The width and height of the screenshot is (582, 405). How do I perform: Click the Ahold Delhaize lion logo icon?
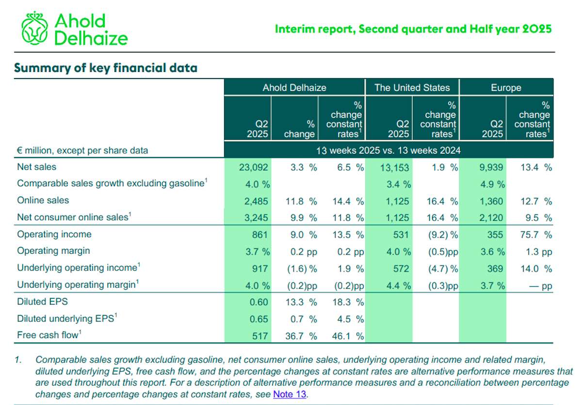(x=34, y=28)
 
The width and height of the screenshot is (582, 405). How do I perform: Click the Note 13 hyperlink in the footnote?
(x=290, y=394)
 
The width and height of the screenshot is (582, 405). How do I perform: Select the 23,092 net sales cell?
(x=253, y=167)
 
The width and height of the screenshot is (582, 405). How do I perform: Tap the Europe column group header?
(x=506, y=87)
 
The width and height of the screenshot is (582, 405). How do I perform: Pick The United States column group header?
(x=412, y=87)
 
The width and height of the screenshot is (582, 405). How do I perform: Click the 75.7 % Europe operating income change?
(x=536, y=235)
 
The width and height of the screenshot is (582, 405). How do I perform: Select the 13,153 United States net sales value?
(x=394, y=167)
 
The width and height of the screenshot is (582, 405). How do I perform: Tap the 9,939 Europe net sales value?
(x=491, y=167)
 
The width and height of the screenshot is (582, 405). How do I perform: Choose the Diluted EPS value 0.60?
(x=259, y=302)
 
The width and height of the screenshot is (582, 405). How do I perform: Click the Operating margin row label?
(x=53, y=251)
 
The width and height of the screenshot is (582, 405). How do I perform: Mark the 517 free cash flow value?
(x=260, y=336)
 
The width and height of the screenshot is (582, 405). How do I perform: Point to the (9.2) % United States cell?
(x=443, y=235)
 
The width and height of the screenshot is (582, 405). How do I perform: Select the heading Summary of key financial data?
(x=106, y=68)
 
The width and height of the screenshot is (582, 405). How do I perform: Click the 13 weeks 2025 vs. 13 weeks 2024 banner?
(x=388, y=150)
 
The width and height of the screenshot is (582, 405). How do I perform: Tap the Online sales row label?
(x=43, y=200)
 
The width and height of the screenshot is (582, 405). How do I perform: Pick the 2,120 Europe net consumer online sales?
(x=491, y=218)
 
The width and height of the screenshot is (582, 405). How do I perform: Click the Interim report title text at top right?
(x=413, y=29)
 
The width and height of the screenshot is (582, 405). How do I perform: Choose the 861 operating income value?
(x=260, y=235)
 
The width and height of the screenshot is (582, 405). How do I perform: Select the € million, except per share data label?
(x=82, y=150)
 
